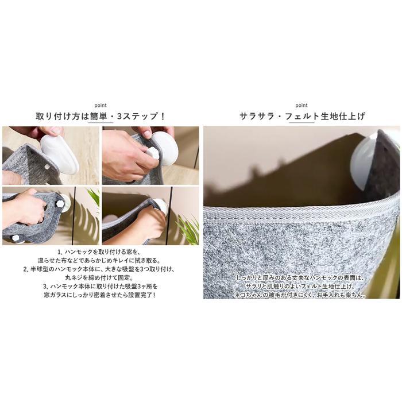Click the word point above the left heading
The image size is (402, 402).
click(x=100, y=105)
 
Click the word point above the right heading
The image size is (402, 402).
click(x=301, y=105)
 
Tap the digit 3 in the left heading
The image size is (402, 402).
click(x=119, y=117)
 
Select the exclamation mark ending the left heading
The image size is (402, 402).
click(x=162, y=117)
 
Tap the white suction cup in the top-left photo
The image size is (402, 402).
click(x=60, y=154)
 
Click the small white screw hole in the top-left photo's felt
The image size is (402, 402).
click(x=47, y=167)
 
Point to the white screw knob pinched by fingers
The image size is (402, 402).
click(x=153, y=153)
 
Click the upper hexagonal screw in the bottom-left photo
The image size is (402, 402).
click(x=60, y=204)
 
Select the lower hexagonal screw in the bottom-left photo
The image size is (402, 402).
click(x=16, y=238)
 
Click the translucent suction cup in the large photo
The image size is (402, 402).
click(x=363, y=164)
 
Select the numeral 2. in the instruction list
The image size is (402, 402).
click(x=26, y=269)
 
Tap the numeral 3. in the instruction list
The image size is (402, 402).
click(x=46, y=287)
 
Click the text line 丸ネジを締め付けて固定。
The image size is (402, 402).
click(x=99, y=277)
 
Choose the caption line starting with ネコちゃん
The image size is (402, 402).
click(x=300, y=295)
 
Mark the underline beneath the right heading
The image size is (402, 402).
click(x=301, y=122)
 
